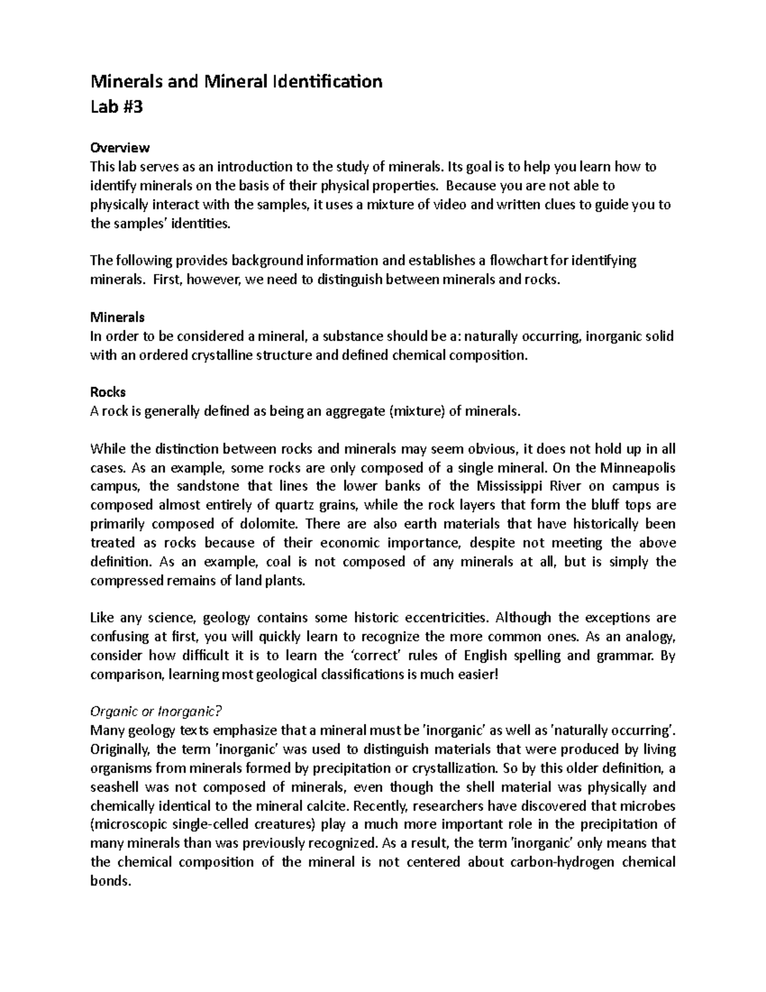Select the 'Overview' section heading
coord(120,148)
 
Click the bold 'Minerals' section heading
coord(117,317)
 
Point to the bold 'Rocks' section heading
coord(108,392)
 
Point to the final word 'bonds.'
coord(110,881)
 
